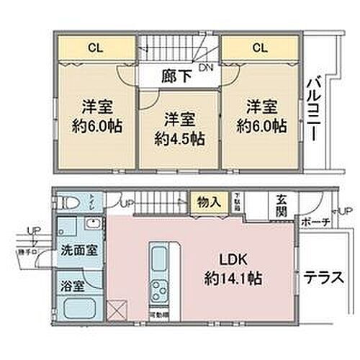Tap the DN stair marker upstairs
[x=205, y=68]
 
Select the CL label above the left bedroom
[x=94, y=48]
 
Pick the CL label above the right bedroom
[x=260, y=48]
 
